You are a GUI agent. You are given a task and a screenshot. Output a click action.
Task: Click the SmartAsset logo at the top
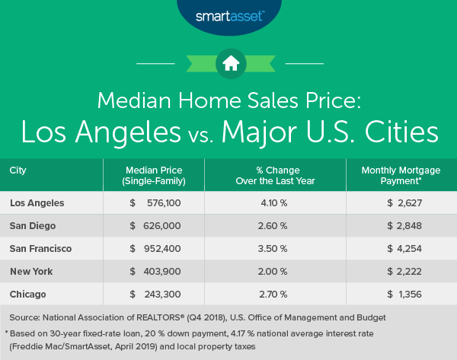tap(228, 14)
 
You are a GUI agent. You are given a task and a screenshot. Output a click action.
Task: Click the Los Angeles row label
tap(37, 202)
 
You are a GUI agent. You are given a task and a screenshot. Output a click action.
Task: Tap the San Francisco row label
tap(40, 248)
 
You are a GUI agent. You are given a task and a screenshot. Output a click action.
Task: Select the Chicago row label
tap(27, 294)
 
